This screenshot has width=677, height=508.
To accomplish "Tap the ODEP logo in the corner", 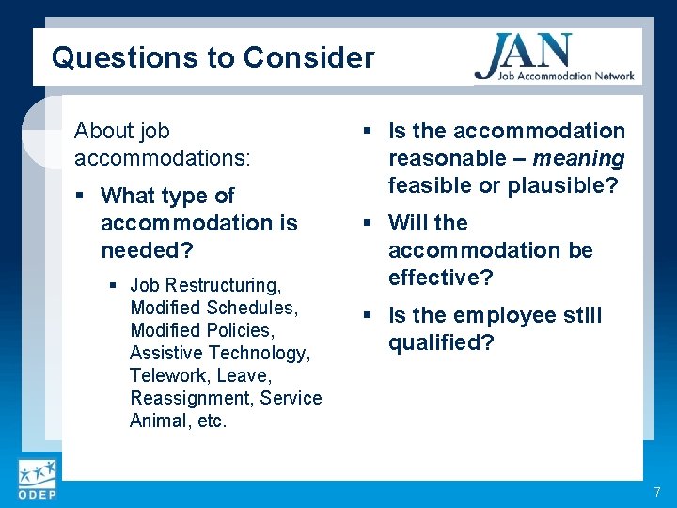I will (36, 480).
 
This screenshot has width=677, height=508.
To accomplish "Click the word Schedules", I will (251, 308).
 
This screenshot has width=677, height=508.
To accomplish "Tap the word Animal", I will (155, 421).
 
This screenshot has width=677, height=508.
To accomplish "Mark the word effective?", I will (441, 278).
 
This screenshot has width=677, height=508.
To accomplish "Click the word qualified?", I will (441, 342).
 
